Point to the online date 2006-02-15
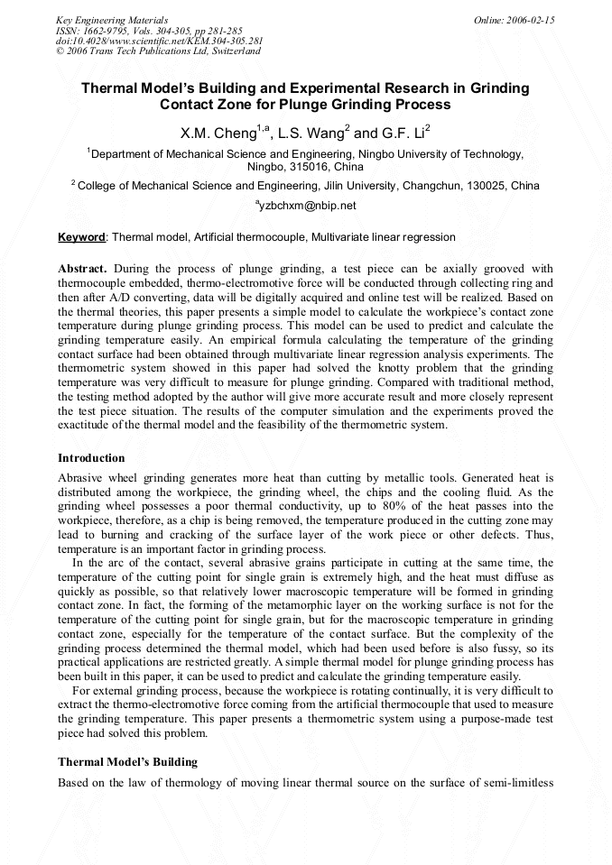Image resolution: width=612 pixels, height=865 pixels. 530,20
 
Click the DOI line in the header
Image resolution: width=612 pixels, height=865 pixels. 159,41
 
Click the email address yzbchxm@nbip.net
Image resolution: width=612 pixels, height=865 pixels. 307,206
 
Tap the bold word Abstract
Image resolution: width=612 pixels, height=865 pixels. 83,269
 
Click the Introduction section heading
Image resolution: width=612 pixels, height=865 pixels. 91,458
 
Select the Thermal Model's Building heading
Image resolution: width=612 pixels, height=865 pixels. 127,762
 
